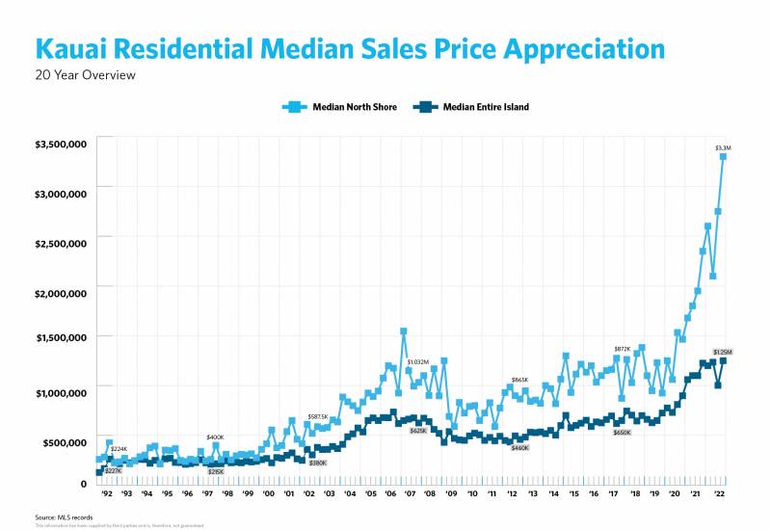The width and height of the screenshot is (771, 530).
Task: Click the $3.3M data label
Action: coord(723,147)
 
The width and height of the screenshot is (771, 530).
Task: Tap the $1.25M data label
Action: coord(723,352)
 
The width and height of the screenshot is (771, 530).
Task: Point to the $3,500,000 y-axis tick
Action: coord(62,144)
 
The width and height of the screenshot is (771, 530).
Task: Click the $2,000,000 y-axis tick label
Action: coord(62,292)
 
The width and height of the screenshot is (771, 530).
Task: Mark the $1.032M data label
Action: coord(417,361)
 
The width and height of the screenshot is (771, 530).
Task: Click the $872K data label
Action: coord(623,349)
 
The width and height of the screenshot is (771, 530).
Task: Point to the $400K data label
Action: coord(215,437)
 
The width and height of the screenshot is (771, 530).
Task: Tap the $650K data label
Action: coord(623,433)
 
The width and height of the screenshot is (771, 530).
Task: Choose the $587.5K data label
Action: coord(318,416)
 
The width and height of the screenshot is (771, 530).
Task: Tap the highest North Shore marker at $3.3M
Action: coord(723,156)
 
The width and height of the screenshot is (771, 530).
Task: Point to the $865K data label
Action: coord(520,381)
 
